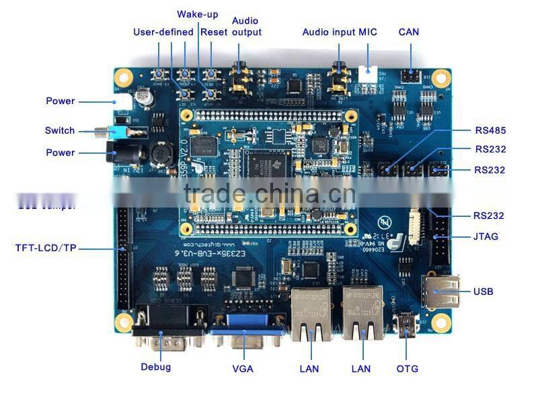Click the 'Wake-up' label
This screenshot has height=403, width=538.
click(x=197, y=14)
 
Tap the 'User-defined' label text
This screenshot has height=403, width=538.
click(x=163, y=32)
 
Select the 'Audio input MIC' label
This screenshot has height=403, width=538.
click(x=340, y=32)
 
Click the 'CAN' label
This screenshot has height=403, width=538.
click(x=409, y=32)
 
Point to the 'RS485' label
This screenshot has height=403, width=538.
click(x=490, y=130)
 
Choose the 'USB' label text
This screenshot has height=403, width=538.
click(x=483, y=292)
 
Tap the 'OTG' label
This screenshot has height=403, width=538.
click(x=408, y=369)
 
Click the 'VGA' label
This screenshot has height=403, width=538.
click(x=243, y=369)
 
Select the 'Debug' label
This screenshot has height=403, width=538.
click(x=156, y=367)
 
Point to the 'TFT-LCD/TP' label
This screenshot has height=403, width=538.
click(x=46, y=248)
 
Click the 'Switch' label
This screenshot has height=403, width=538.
click(x=60, y=130)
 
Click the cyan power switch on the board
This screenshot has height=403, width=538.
click(x=120, y=132)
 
